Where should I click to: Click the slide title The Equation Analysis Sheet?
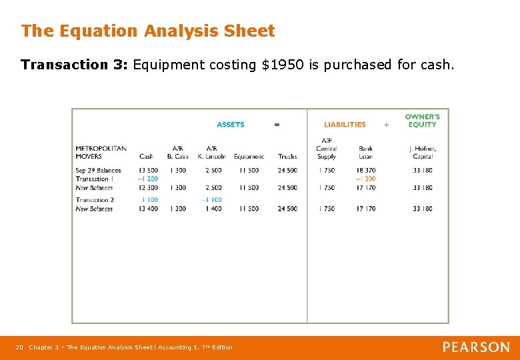[x=147, y=31]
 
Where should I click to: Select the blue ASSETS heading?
[x=231, y=125]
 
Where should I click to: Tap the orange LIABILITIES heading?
[x=345, y=125]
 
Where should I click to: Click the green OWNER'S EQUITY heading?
[x=422, y=121]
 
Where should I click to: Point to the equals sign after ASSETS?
[x=277, y=125]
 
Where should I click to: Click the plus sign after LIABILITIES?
[x=386, y=125]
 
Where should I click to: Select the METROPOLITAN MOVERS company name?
[x=101, y=153]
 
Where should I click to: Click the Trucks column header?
[x=287, y=157]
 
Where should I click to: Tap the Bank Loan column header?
[x=365, y=153]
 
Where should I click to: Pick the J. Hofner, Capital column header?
[x=422, y=153]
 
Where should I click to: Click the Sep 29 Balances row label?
[x=98, y=171]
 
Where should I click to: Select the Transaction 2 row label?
[x=95, y=200]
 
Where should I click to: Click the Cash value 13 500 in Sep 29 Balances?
[x=148, y=171]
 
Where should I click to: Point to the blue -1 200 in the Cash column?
[x=148, y=179]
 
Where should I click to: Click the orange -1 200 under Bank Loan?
[x=365, y=179]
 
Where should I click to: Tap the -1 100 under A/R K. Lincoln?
[x=211, y=200]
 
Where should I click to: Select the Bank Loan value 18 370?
[x=365, y=171]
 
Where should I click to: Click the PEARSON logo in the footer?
[x=476, y=347]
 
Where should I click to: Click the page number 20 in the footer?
[x=19, y=347]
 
